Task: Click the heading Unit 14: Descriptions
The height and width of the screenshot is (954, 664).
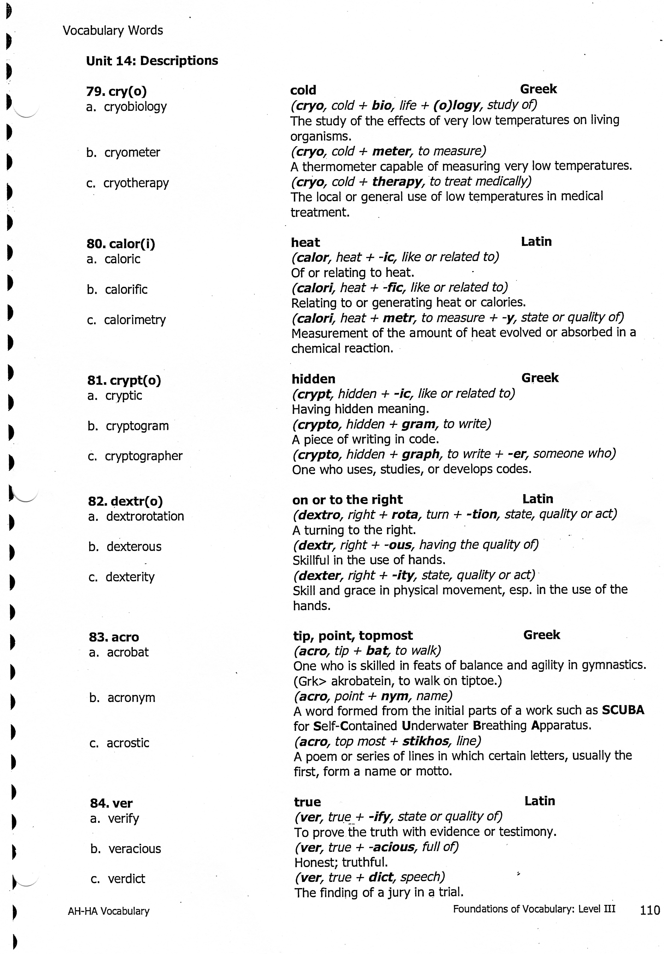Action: [x=152, y=61]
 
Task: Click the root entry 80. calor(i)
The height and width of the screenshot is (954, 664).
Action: [x=121, y=244]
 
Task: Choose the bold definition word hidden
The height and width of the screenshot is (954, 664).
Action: [x=313, y=379]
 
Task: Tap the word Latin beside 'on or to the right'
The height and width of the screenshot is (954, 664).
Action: [x=537, y=499]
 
